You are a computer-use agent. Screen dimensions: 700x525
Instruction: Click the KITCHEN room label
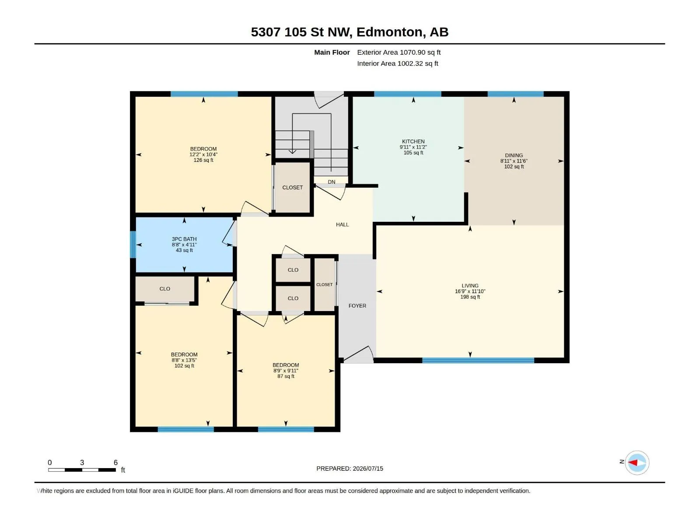coord(413,141)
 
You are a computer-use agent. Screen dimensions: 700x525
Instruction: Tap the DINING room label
coord(514,156)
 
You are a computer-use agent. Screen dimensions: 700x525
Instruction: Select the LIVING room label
coord(470,286)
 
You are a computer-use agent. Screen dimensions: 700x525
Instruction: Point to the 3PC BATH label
coord(184,239)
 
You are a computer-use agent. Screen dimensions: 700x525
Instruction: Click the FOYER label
coord(357,306)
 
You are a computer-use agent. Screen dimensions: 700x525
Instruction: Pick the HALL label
coord(342,225)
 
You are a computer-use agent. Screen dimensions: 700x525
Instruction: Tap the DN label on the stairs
coord(331,182)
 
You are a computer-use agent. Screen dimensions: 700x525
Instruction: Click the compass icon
coord(637,462)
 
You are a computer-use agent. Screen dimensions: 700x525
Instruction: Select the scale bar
coord(82,470)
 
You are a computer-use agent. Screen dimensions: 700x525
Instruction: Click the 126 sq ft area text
coord(203,160)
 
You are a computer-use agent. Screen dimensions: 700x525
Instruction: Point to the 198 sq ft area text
coord(470,297)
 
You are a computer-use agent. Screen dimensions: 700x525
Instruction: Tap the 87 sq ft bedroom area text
coord(285,376)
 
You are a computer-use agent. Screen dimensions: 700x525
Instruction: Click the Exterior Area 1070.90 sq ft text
coord(399,52)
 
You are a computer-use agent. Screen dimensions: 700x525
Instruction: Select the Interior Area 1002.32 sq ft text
coord(397,63)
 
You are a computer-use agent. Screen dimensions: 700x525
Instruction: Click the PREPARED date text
coord(350,469)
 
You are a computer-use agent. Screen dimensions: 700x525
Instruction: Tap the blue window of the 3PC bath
coord(133,245)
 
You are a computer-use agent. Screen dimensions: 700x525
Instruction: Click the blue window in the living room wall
coord(478,360)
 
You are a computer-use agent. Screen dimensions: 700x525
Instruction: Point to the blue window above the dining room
coord(515,94)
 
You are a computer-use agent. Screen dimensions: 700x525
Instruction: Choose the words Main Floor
coord(332,52)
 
